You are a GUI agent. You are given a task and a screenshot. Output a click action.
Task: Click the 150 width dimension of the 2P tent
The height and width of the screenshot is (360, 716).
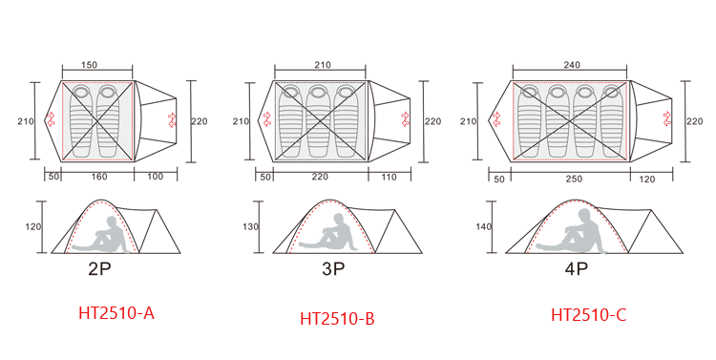coord(89,65)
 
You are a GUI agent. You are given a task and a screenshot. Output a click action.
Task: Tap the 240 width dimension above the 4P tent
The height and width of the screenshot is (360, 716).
coord(572,65)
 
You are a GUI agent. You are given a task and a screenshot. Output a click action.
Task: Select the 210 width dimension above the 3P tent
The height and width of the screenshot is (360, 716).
coord(323,65)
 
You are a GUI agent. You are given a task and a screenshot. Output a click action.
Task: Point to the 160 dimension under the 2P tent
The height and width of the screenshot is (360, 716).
coord(99,177)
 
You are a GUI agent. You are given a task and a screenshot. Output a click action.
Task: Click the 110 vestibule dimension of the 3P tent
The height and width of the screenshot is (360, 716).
coord(390,177)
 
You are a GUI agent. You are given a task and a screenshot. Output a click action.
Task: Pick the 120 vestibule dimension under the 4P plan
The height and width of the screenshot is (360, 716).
coord(646,180)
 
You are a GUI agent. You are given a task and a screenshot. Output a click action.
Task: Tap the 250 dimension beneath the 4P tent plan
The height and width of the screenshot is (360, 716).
coord(574,179)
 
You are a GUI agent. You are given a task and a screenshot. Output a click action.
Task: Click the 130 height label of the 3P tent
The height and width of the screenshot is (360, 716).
coord(250,226)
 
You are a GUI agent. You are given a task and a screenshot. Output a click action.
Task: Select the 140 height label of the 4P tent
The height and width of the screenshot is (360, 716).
coord(483,226)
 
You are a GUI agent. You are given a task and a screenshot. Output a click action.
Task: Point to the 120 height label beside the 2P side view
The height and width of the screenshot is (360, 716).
coord(32,226)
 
